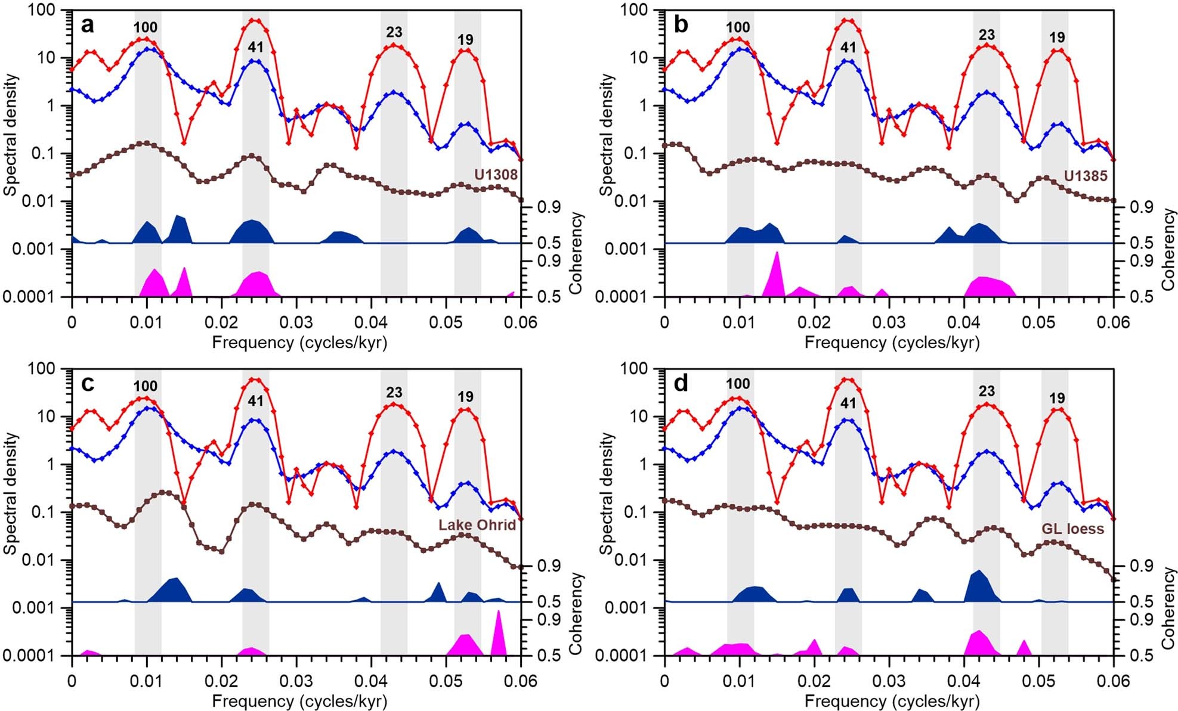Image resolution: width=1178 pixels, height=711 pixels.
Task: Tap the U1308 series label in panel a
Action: [x=496, y=175]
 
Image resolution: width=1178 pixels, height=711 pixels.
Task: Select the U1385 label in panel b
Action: [x=1086, y=175]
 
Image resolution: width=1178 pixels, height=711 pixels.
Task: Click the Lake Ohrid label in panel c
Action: [x=477, y=525]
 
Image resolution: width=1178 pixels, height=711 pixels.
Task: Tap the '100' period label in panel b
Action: [x=738, y=27]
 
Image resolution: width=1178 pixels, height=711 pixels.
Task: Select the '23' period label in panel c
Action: [x=394, y=393]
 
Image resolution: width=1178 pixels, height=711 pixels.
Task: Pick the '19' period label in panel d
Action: [x=1056, y=398]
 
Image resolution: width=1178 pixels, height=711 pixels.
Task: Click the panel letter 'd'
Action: [x=680, y=384]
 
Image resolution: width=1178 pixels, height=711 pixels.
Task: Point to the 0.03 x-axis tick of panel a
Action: [x=296, y=322]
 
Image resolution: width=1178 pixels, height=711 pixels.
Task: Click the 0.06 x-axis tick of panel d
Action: [x=1113, y=681]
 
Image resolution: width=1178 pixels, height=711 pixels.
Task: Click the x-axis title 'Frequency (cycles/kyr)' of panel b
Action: [x=891, y=342]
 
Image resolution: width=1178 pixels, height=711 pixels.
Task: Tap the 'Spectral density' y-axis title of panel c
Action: [x=11, y=493]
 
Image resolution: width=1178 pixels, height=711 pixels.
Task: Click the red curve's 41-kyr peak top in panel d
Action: [x=848, y=379]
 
